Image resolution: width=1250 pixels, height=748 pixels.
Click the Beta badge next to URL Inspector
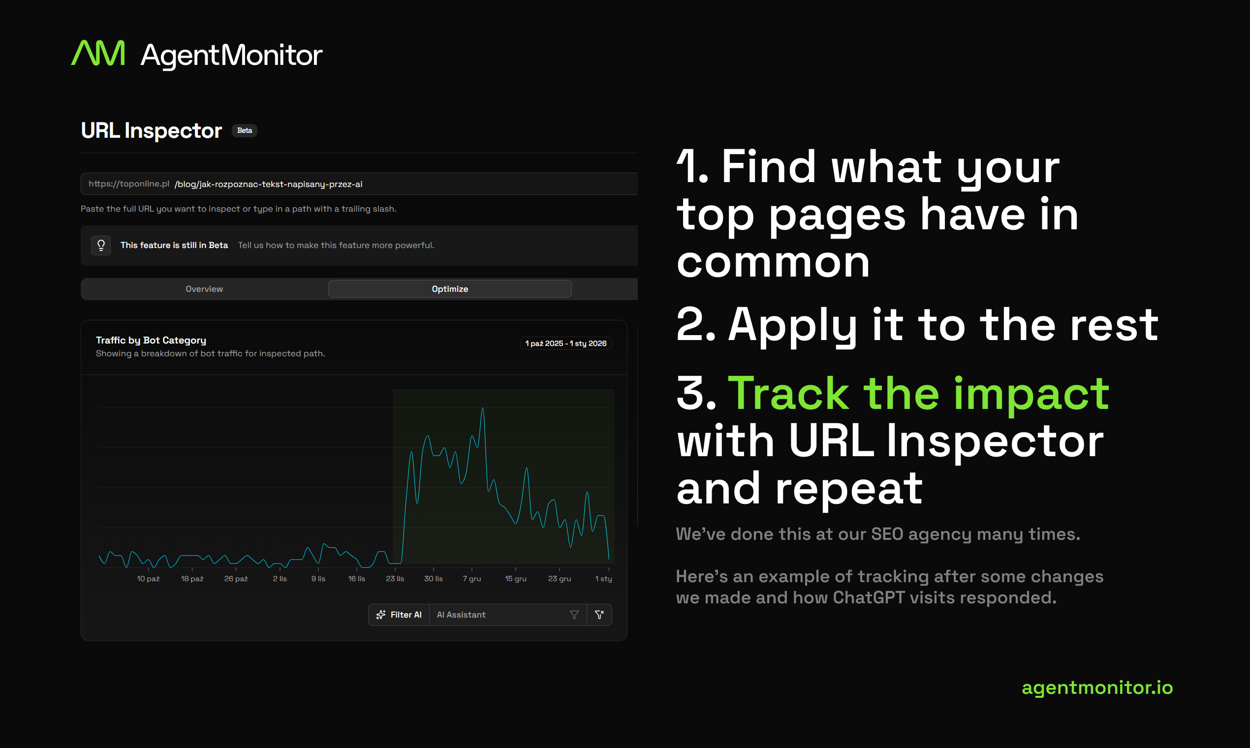[x=245, y=130]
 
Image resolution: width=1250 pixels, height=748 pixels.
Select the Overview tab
[x=204, y=289]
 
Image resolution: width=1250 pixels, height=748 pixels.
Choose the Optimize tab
[x=450, y=289]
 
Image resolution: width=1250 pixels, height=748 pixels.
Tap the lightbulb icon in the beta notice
[x=101, y=246]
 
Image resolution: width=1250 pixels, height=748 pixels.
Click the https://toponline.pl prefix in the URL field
[x=128, y=184]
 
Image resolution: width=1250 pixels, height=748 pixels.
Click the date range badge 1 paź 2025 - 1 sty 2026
[x=565, y=343]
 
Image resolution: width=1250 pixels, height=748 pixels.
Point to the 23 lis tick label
[x=395, y=579]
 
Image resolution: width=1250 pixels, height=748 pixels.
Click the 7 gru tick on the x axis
[x=472, y=579]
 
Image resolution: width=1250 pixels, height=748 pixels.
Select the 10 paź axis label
[x=148, y=579]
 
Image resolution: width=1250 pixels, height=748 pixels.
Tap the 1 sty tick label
[x=603, y=579]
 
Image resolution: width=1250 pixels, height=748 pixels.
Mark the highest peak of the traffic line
[x=483, y=408]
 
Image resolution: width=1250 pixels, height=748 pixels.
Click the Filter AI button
[x=399, y=615]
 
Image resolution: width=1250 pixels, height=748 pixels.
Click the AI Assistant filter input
[x=499, y=615]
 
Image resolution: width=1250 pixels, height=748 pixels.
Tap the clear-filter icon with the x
[x=599, y=615]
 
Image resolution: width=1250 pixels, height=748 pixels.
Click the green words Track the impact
[x=918, y=394]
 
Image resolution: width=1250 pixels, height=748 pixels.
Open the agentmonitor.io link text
[x=1097, y=687]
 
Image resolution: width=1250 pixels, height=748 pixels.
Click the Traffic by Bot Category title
[x=151, y=340]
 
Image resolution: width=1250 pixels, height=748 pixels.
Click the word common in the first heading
[x=773, y=263]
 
